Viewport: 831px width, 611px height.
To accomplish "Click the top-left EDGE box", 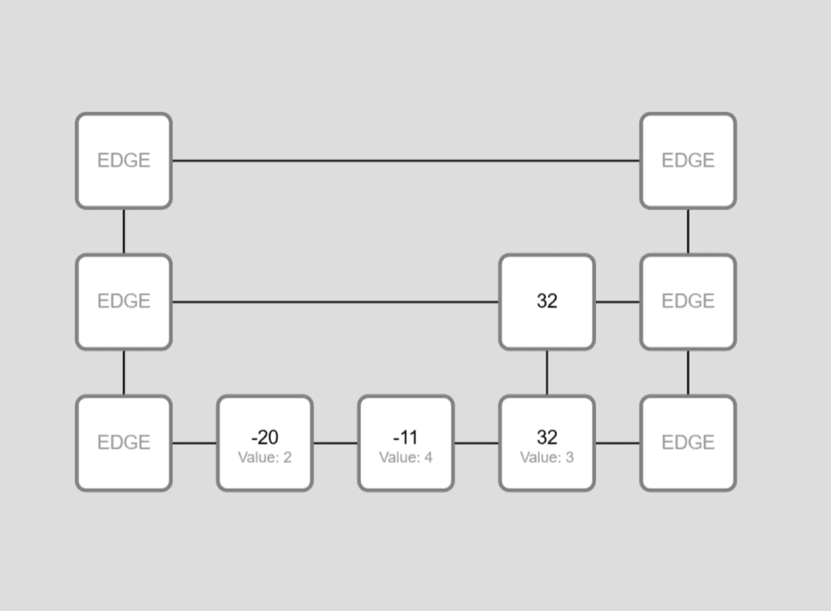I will coord(124,160).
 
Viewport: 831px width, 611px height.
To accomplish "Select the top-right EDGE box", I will coord(688,160).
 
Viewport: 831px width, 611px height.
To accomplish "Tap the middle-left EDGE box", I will coord(124,302).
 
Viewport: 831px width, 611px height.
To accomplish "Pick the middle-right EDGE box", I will coord(688,302).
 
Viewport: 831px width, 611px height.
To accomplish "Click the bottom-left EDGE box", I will coord(124,443).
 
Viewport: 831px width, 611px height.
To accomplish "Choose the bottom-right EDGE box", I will coord(688,443).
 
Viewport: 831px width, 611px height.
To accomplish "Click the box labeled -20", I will coord(265,443).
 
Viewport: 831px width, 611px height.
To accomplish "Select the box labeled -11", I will coord(406,443).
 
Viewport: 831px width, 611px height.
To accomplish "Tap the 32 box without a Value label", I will coord(547,302).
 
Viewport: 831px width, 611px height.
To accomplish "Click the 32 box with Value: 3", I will coord(547,443).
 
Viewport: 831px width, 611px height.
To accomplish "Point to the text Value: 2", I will coord(265,457).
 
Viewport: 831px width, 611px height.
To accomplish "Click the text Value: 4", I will coord(406,457).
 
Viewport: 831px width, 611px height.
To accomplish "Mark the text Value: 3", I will coord(547,457).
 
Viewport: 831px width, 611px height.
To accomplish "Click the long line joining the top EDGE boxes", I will coord(406,160).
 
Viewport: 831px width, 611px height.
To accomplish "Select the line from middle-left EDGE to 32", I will coord(334,302).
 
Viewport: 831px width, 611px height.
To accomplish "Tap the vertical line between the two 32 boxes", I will coord(547,373).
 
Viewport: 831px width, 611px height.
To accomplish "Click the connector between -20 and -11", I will coord(335,443).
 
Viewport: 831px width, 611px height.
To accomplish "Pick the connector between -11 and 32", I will coord(477,443).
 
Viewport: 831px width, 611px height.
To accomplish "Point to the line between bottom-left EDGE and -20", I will coord(194,443).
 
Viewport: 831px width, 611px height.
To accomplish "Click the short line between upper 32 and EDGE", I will coord(618,302).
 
